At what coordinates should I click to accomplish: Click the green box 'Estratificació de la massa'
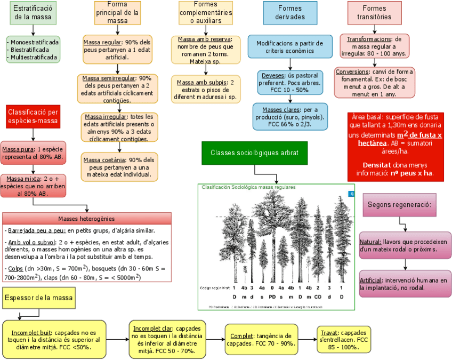(33, 13)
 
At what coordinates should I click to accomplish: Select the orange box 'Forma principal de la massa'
(118, 12)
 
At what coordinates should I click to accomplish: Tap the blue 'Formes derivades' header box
(289, 12)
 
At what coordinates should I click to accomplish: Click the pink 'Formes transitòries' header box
(374, 12)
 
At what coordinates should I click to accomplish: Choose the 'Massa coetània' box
(119, 166)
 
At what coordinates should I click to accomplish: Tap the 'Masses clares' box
(290, 117)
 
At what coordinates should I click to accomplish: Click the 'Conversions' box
(375, 83)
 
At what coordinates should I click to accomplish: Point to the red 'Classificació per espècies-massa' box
(33, 117)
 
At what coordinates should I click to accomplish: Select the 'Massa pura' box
(33, 154)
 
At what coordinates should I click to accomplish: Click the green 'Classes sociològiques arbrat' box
(255, 153)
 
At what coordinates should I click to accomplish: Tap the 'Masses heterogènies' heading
(87, 219)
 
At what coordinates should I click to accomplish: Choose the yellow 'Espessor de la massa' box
(39, 297)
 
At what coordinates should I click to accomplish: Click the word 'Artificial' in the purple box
(370, 280)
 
